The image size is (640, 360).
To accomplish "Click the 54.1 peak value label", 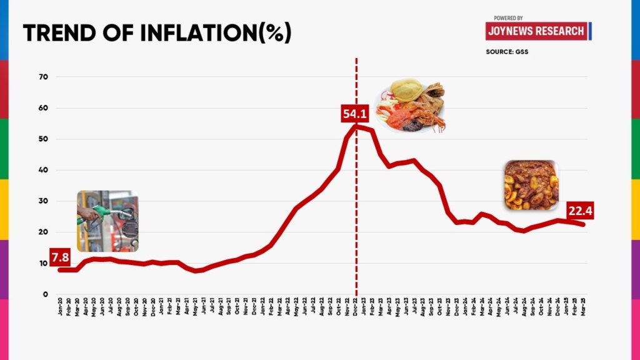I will [x=355, y=114].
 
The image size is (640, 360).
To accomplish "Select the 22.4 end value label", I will [x=579, y=211].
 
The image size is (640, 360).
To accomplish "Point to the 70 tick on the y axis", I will [x=44, y=77].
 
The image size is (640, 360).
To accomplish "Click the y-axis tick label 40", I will [x=44, y=170].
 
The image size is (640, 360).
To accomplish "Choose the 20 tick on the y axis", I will [x=44, y=232].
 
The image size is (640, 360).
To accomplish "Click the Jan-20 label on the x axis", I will [x=60, y=306].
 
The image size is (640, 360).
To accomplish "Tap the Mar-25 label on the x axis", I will [x=584, y=306].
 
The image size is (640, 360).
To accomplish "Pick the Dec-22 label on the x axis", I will [x=356, y=306].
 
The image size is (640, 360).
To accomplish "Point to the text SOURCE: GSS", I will [x=507, y=51].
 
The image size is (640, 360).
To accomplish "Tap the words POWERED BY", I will [x=508, y=18].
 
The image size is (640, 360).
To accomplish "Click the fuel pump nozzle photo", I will [x=107, y=221].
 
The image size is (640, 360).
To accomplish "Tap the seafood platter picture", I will [x=411, y=107].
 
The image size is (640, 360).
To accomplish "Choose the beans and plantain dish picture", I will [x=531, y=185].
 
